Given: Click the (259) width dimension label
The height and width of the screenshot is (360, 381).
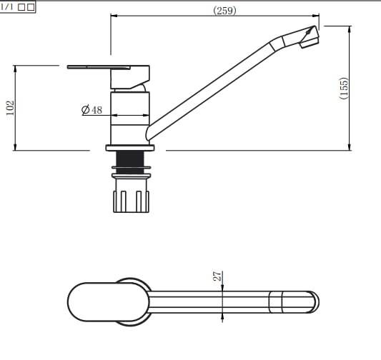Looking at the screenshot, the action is point(224,11).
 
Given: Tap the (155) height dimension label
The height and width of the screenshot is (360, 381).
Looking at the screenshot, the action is point(344,88).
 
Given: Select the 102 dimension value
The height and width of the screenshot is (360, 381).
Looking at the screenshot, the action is point(10,108).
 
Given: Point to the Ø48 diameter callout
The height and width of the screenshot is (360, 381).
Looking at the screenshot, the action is point(91,110).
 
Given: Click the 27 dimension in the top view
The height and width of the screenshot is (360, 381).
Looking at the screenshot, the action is point(217,276).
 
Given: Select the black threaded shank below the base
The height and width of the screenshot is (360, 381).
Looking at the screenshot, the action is point(130,162).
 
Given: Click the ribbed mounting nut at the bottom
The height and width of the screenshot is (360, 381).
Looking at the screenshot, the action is point(131,201).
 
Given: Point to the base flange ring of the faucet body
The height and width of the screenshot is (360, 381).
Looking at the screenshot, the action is point(130,148).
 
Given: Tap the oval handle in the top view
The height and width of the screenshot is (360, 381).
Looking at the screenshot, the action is point(109,301).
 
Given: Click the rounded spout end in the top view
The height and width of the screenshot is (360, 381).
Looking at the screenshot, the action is point(315,302).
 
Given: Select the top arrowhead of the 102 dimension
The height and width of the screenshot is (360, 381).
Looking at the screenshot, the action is point(15,69).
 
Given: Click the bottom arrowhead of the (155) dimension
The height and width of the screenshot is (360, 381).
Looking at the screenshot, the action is point(350,147).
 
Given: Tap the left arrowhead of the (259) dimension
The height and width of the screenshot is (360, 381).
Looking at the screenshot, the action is point(114,16).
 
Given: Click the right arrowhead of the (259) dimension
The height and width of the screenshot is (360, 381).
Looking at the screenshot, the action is point(316,16).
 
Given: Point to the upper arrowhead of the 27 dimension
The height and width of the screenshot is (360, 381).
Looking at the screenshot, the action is point(222,288).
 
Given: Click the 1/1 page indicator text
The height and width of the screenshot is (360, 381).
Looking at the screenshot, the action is point(6,6).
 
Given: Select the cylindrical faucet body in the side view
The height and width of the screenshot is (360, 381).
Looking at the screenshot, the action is point(130,119).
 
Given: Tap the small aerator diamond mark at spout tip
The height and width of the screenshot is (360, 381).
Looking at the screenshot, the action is point(309,31).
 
